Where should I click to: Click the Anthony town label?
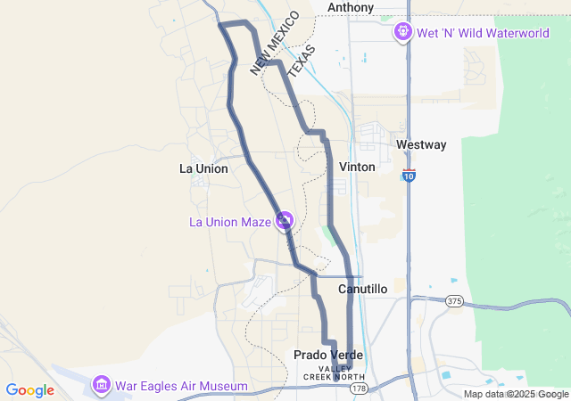tap(351, 8)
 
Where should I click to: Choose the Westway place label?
tap(421, 144)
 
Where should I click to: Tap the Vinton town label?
tap(357, 167)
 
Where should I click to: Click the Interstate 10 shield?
tap(409, 176)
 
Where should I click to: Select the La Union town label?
tap(203, 168)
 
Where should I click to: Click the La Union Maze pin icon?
tap(285, 219)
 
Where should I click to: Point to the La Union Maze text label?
tap(229, 222)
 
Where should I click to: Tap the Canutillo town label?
tap(362, 290)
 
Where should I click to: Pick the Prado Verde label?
tap(328, 355)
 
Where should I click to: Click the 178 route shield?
tap(359, 389)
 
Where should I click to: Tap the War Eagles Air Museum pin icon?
tap(102, 385)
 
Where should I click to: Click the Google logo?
tap(29, 390)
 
